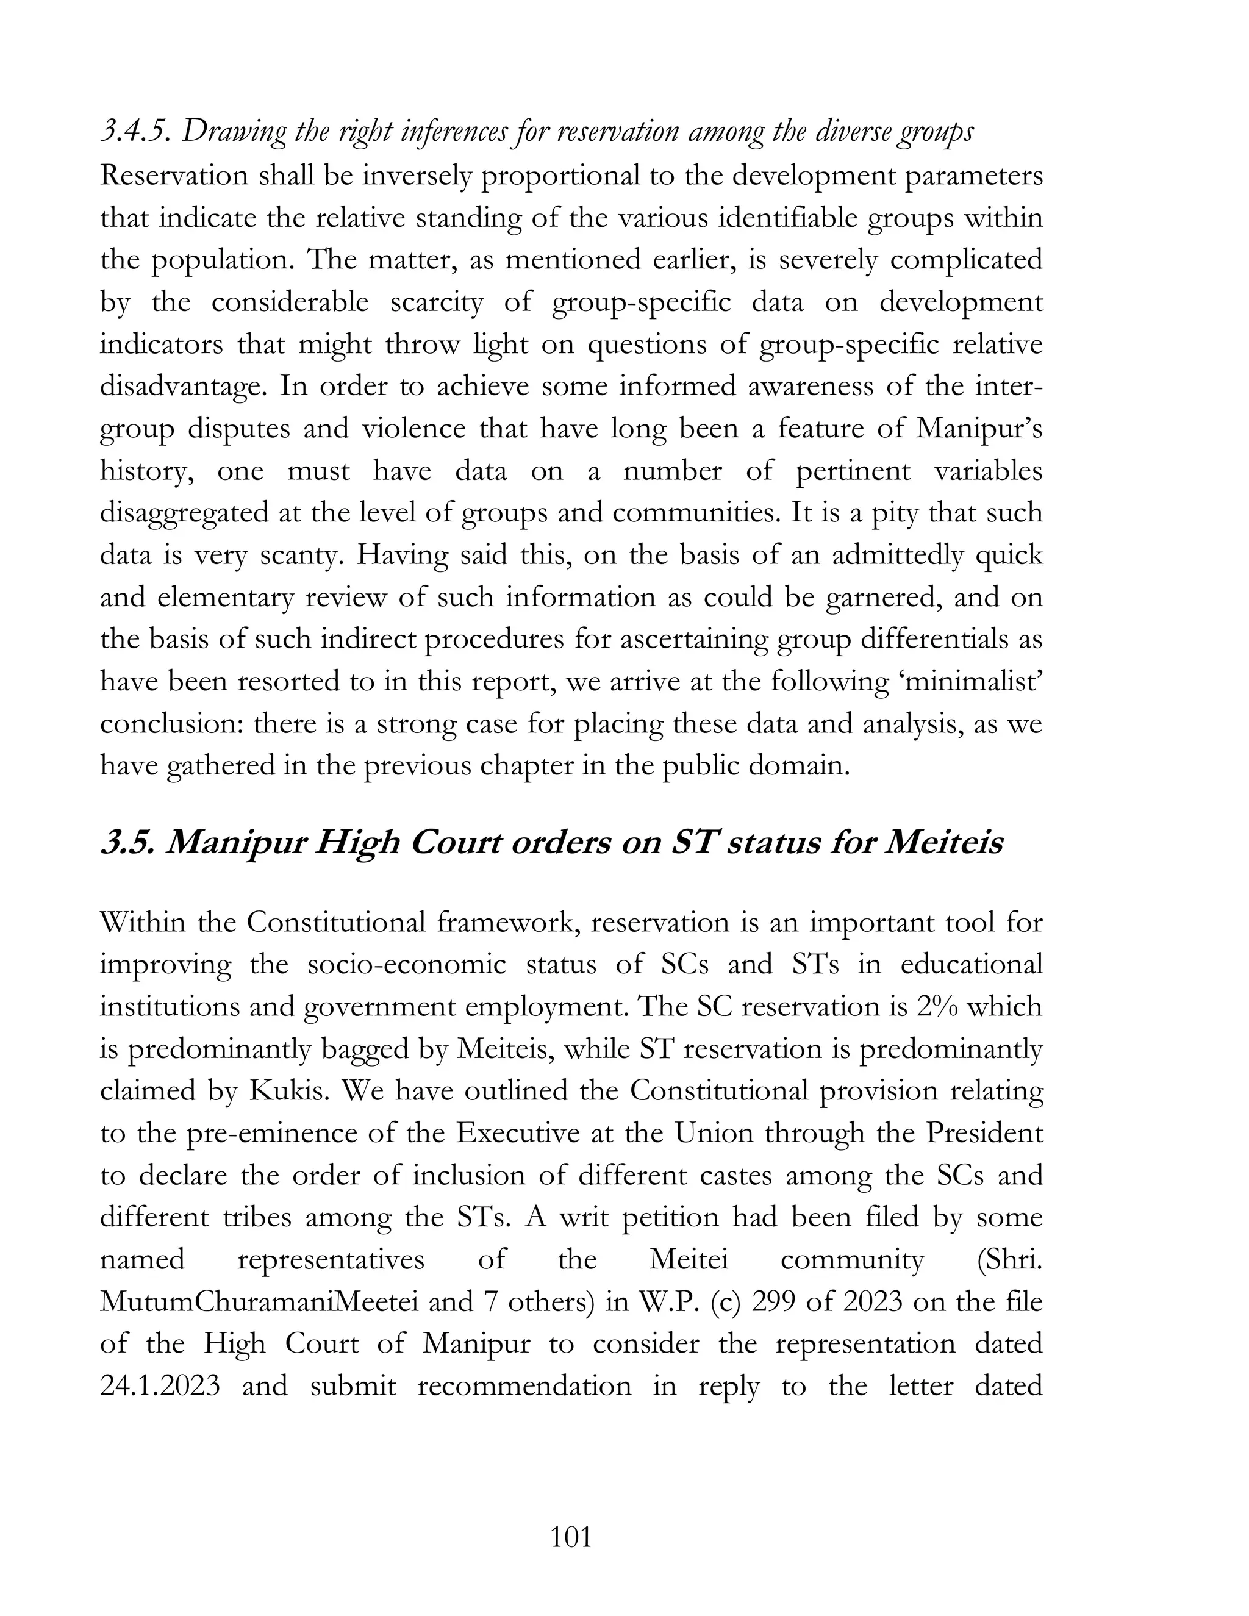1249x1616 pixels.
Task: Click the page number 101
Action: coord(571,1537)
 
